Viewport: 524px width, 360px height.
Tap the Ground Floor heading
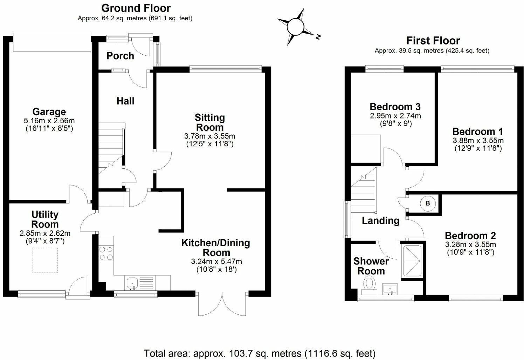point(136,8)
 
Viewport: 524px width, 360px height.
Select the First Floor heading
point(433,41)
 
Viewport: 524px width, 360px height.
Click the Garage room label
point(49,112)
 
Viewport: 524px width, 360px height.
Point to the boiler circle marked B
point(427,203)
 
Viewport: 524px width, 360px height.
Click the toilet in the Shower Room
point(369,283)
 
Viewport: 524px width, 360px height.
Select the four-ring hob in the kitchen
point(106,253)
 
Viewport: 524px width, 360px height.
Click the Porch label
point(120,56)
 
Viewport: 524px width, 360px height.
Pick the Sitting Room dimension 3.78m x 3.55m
point(210,136)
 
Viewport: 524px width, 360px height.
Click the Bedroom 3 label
point(395,106)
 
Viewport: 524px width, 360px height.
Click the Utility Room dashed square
point(45,260)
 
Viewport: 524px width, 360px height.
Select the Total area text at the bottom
point(260,353)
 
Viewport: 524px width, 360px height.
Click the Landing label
point(380,221)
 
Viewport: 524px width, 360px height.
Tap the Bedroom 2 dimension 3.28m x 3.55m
point(470,244)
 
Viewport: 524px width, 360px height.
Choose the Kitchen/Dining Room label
point(215,248)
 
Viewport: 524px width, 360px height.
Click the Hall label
point(125,101)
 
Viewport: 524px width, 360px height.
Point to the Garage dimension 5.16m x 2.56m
point(49,121)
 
